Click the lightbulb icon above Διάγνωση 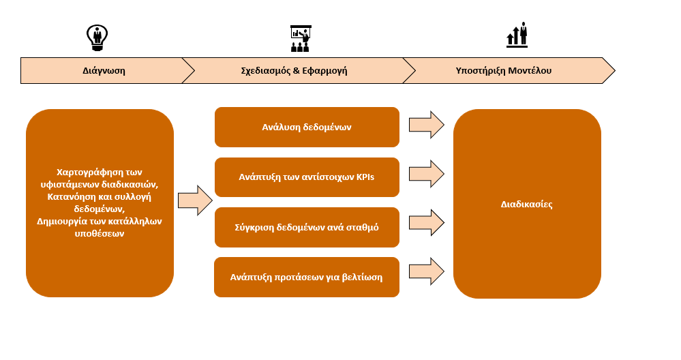[x=97, y=37]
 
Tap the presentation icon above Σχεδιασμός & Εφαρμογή [x=301, y=39]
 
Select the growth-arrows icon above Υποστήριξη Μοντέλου [x=517, y=34]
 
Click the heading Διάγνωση [x=104, y=71]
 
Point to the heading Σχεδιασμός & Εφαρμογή [x=294, y=71]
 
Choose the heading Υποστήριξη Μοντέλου [x=503, y=71]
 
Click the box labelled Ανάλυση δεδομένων [x=307, y=127]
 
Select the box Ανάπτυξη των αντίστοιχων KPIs [x=307, y=177]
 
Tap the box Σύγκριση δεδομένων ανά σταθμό [x=307, y=227]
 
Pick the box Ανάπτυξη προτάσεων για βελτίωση [x=307, y=277]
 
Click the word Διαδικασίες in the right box [x=526, y=204]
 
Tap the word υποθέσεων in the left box [x=100, y=234]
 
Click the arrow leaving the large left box [x=195, y=200]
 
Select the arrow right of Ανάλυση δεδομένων [x=427, y=125]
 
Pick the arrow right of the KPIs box [x=427, y=174]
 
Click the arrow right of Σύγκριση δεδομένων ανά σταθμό [x=427, y=223]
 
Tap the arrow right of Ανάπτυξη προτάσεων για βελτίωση [x=427, y=271]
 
